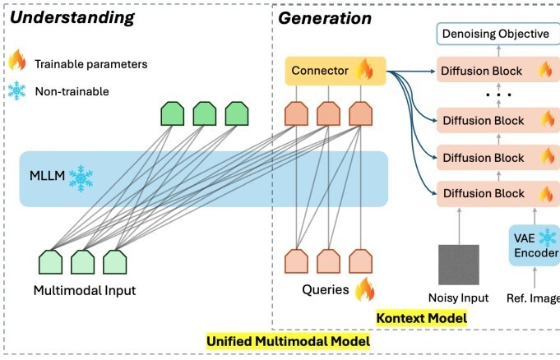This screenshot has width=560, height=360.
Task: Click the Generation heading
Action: pos(325,17)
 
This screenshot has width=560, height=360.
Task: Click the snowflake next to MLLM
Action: pos(81,177)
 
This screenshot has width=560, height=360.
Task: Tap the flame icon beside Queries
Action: pos(364,289)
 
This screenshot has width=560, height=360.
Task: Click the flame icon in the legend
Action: pos(17,61)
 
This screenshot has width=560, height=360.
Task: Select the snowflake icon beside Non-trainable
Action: pos(17,91)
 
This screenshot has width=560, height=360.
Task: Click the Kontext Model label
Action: pos(421,317)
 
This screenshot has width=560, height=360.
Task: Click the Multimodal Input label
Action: pos(84,290)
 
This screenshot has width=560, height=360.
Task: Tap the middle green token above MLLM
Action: pos(204,114)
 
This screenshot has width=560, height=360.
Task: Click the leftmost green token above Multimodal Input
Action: pos(51,261)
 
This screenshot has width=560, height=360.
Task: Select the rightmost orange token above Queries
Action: pos(359,261)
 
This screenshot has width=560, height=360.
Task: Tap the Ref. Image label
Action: pos(533,298)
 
